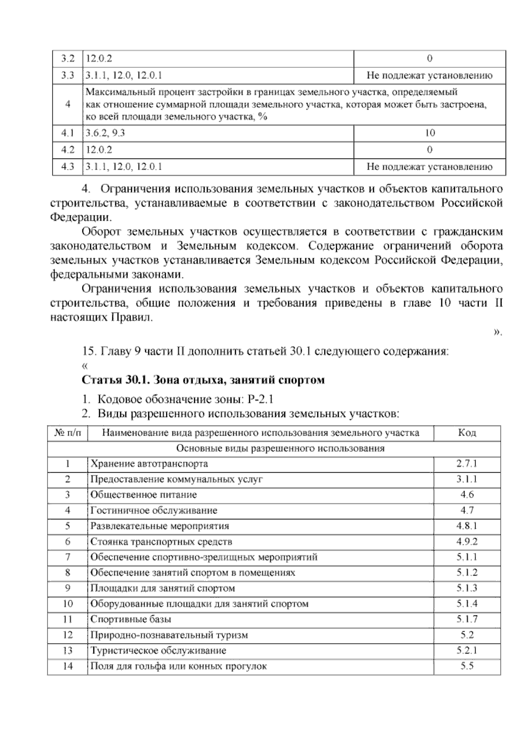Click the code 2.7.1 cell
coord(467,464)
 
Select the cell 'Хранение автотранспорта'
coord(149,464)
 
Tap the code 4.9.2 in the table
coord(467,542)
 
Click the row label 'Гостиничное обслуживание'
coord(154,510)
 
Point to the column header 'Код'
coord(467,433)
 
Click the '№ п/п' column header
coord(68,433)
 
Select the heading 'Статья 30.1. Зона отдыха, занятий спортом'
coord(203,380)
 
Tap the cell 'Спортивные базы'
coord(131,619)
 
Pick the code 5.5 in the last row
coord(467,666)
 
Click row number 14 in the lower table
coord(67,666)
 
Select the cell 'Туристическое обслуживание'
coord(158,651)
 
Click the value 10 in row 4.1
coord(429,133)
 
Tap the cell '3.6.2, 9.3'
coord(106,133)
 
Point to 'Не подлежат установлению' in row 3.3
coord(429,75)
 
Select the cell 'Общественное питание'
coord(143,495)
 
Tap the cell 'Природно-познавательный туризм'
coord(169,635)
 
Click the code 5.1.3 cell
coord(467,588)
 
